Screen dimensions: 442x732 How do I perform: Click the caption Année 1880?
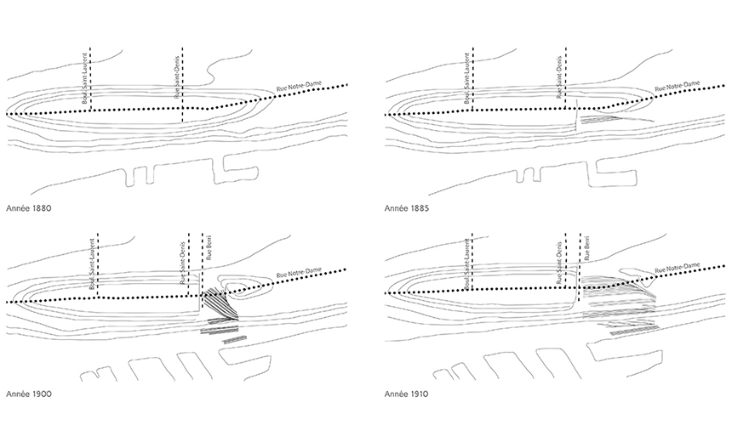(x=29, y=207)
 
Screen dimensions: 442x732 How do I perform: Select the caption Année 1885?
(x=408, y=207)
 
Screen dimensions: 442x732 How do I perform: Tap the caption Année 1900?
(x=29, y=395)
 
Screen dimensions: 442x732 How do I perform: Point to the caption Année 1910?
(x=408, y=395)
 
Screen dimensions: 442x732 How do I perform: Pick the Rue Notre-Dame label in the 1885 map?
(x=678, y=87)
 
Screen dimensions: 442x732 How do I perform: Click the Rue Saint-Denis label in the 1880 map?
(x=176, y=81)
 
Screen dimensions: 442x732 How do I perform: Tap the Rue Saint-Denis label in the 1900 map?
(x=181, y=267)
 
